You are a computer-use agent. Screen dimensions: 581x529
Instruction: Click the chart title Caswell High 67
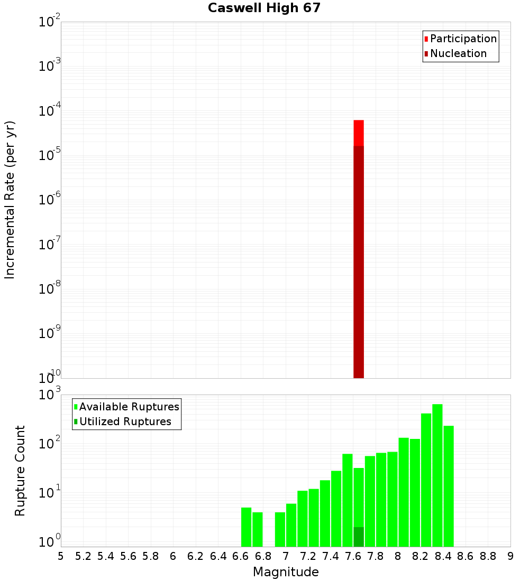pos(264,8)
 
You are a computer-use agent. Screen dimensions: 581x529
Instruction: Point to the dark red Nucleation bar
pos(359,264)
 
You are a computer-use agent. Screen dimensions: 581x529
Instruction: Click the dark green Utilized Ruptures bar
pos(359,537)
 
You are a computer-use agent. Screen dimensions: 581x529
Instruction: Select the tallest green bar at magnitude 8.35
pos(437,475)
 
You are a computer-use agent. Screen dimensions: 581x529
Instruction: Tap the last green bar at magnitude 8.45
pos(449,486)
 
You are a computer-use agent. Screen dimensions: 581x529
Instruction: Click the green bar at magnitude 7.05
pos(291,525)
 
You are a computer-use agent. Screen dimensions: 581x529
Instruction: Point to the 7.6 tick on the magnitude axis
pos(348,556)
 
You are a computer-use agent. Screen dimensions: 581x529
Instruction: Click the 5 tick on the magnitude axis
pos(61,556)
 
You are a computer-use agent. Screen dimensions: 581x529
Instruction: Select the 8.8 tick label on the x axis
pos(488,556)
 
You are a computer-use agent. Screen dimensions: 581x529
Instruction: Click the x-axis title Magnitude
pos(286,572)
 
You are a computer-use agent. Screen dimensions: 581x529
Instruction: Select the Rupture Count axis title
pos(20,470)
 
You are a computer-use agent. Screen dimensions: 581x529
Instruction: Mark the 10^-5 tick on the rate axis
pos(50,156)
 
